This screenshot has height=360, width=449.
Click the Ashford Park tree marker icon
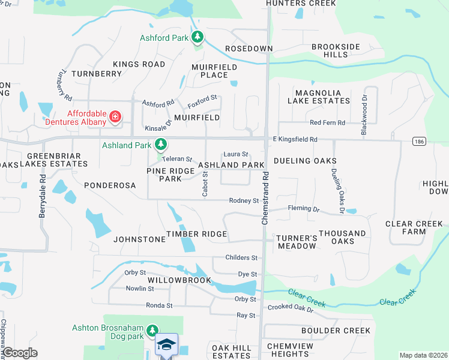(197, 38)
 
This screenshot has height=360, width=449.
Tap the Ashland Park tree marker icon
(160, 145)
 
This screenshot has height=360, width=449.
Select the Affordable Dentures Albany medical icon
(115, 116)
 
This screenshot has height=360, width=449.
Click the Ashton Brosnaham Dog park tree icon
(152, 331)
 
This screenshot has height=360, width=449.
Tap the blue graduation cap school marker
(166, 345)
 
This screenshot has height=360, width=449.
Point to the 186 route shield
(419, 141)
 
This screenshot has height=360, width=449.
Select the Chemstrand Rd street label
(264, 197)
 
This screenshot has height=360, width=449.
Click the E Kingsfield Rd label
(295, 139)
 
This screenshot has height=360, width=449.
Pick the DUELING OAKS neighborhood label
(305, 161)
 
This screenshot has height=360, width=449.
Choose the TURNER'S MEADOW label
(297, 242)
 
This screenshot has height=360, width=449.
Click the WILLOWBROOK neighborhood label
(180, 280)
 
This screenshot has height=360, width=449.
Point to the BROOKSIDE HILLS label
(336, 50)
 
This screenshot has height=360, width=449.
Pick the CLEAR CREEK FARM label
(414, 227)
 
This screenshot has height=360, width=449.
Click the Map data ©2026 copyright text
(423, 355)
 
